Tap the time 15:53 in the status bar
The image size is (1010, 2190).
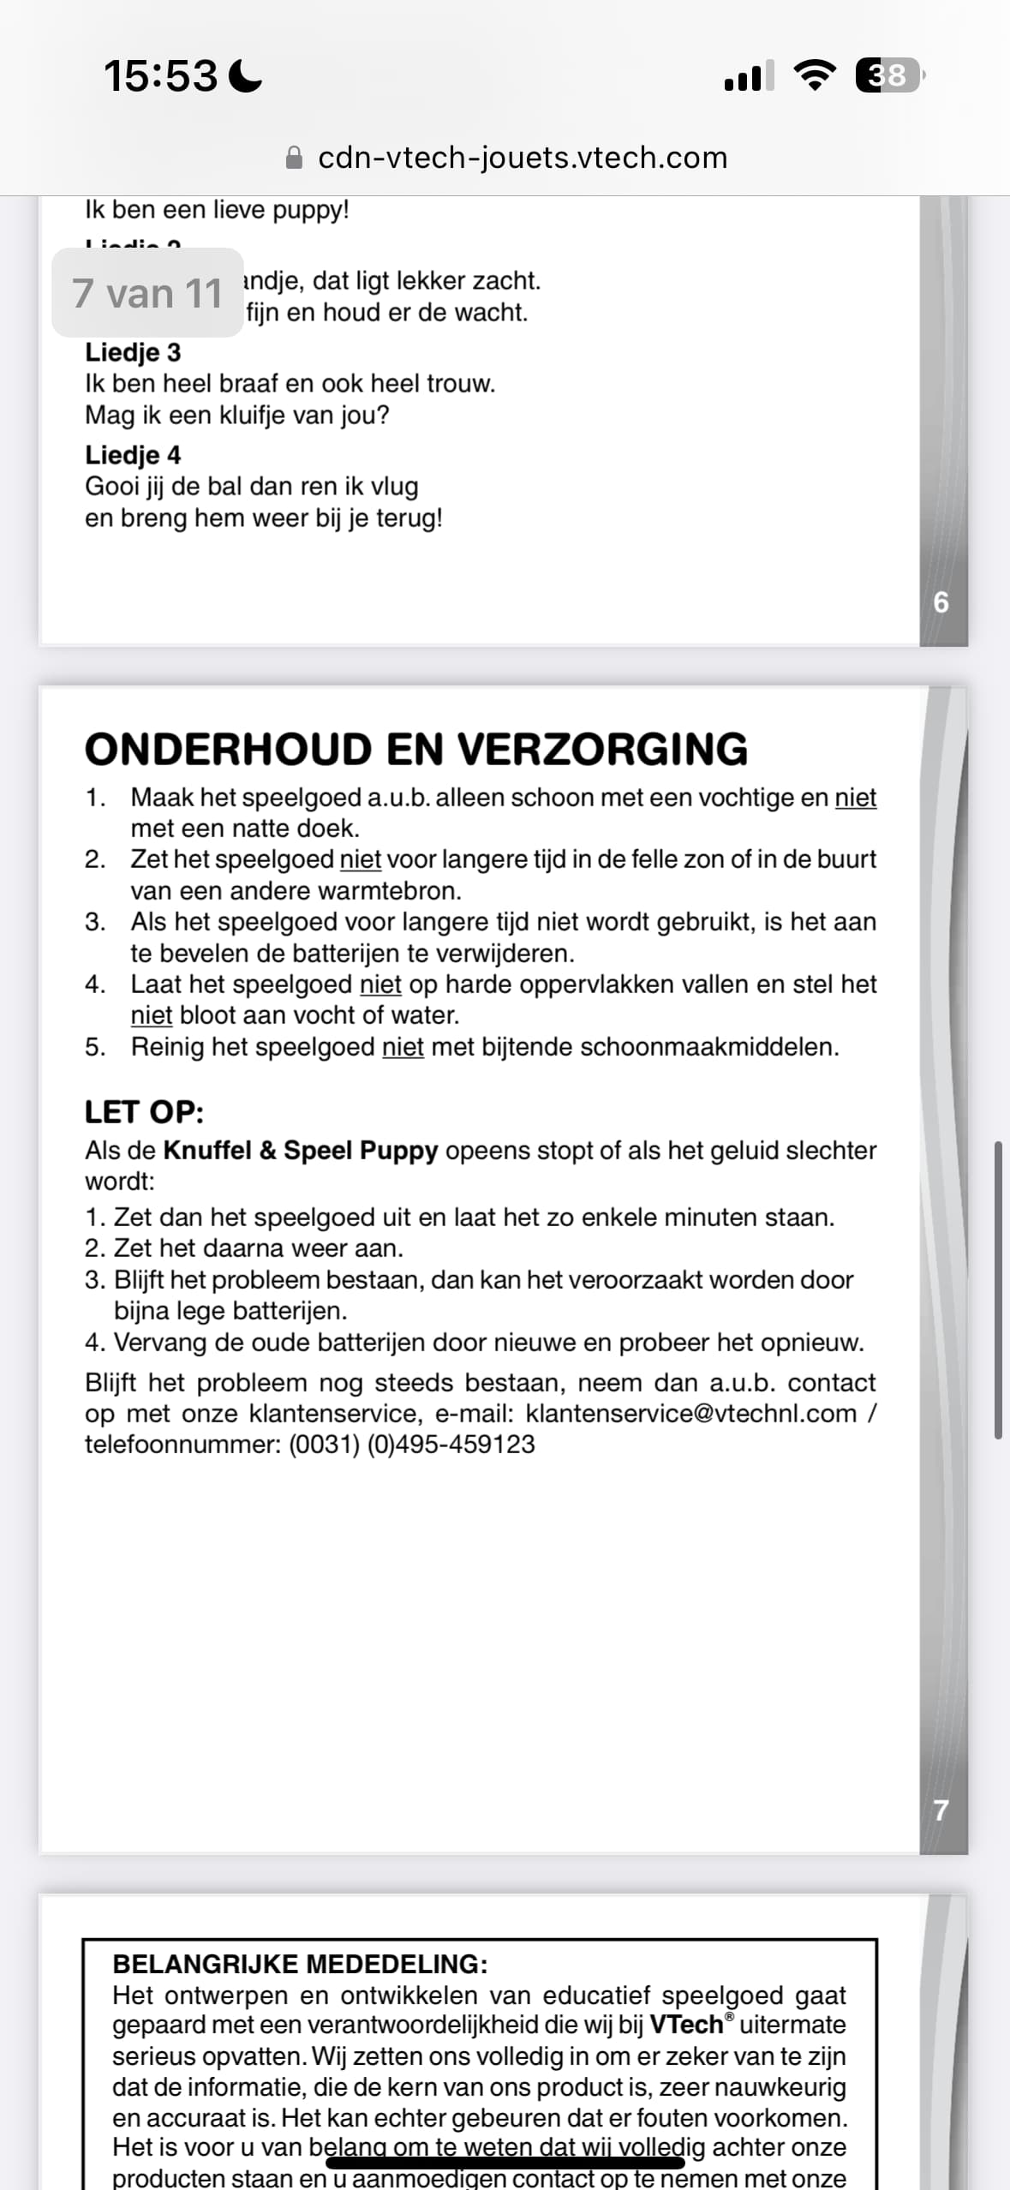160,75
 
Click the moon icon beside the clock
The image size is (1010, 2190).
246,75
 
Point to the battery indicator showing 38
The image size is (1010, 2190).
889,75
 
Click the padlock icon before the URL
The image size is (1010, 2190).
294,158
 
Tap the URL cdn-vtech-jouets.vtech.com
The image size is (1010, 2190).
523,158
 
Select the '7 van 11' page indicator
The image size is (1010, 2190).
147,293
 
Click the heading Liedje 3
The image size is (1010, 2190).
133,352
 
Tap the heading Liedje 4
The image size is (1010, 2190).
133,455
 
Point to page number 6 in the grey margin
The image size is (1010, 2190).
941,602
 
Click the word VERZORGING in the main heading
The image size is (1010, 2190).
603,749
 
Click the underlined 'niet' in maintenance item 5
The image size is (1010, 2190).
403,1046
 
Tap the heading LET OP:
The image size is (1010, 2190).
144,1112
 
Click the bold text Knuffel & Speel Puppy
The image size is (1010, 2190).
301,1150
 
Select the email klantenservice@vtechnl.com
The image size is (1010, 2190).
690,1413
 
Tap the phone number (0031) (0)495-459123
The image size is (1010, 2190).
412,1444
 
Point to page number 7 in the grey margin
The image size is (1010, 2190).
941,1810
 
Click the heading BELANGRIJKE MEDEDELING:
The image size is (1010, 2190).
300,1964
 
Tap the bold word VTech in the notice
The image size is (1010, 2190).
686,2025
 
